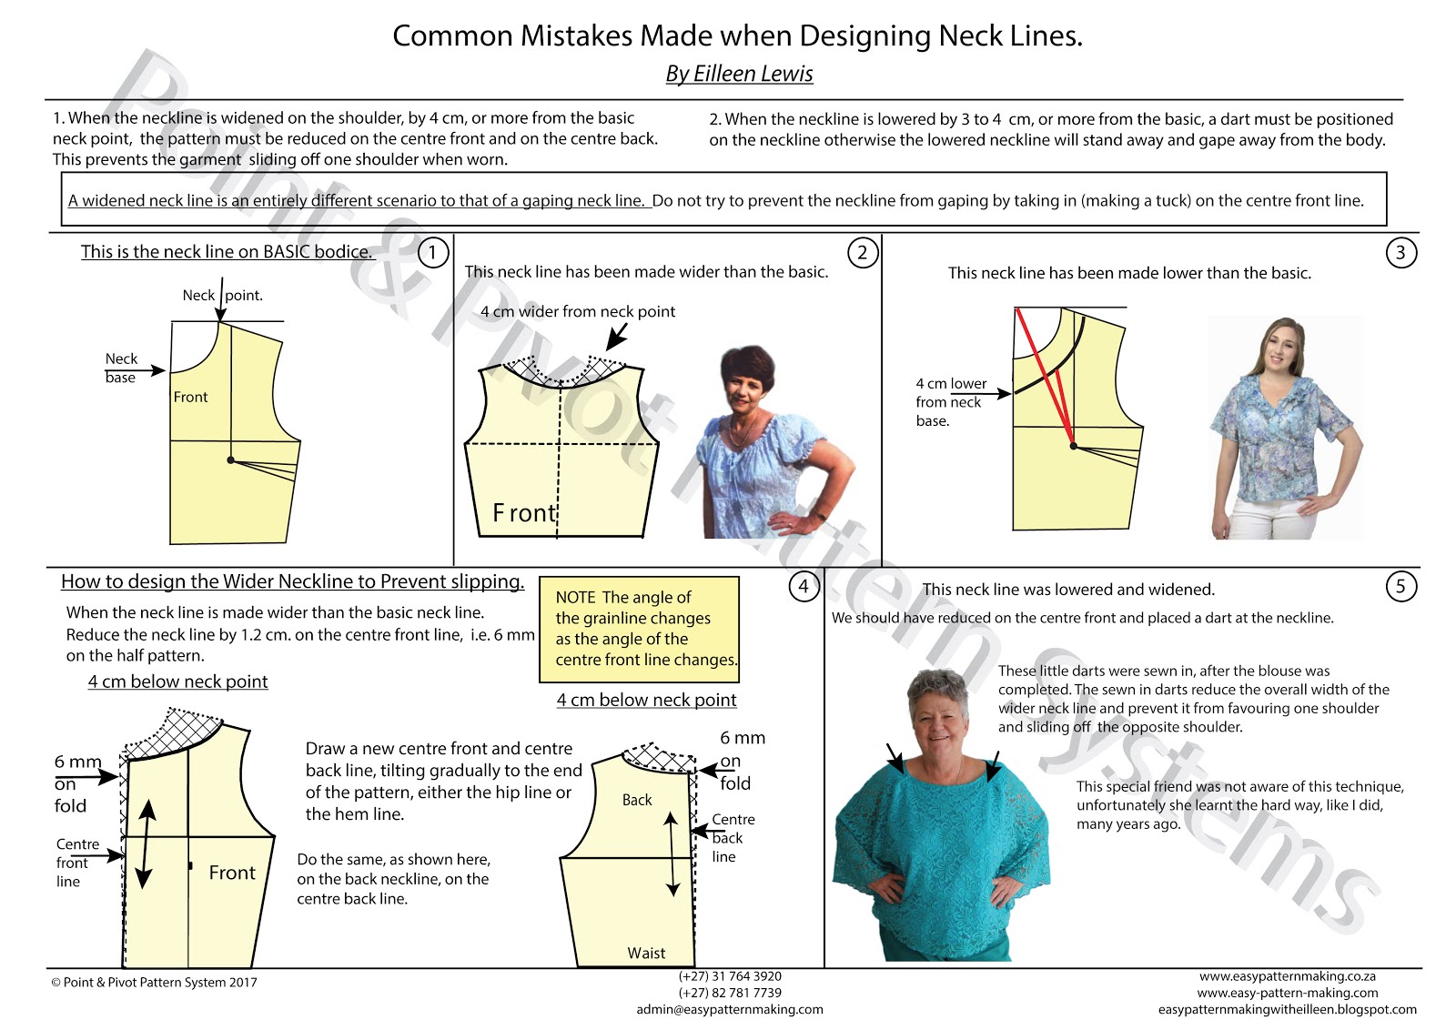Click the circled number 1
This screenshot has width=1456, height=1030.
(433, 253)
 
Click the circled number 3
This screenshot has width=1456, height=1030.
(1400, 253)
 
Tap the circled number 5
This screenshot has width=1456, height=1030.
(1400, 587)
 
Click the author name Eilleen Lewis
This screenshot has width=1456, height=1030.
(739, 74)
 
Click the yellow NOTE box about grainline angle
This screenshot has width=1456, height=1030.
(639, 629)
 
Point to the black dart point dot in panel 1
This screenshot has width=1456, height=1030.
(230, 460)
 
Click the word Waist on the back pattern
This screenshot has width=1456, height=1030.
(646, 953)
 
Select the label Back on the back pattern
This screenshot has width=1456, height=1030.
(637, 800)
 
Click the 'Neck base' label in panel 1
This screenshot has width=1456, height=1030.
(121, 368)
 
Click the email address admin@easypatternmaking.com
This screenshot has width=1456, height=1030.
(729, 1009)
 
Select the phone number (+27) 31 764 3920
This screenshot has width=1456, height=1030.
(729, 976)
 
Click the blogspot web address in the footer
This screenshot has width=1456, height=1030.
(1287, 1009)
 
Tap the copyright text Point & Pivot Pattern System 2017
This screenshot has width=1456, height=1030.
(155, 983)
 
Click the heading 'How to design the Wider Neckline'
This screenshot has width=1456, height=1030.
(292, 581)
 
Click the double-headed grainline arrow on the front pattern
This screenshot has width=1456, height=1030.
(145, 843)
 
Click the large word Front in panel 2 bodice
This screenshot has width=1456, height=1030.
(524, 513)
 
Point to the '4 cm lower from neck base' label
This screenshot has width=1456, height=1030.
(950, 401)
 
